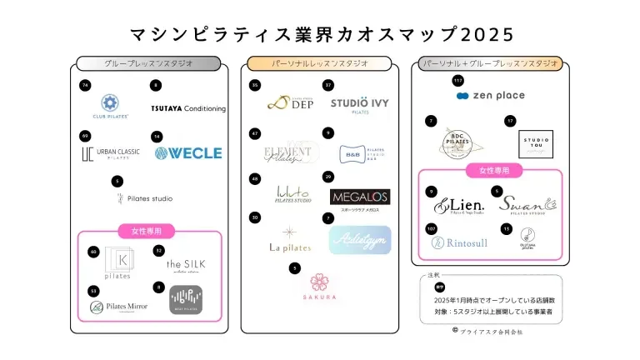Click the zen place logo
(490, 96)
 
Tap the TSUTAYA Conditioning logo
(188, 108)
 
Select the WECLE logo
(188, 152)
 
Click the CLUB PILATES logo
(109, 106)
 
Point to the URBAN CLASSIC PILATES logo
(111, 153)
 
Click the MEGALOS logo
(360, 197)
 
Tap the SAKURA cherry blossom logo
(318, 287)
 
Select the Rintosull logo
(458, 242)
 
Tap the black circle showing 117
(457, 81)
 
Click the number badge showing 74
(84, 86)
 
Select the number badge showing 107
(431, 228)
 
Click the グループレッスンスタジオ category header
(148, 63)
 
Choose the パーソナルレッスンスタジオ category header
(320, 63)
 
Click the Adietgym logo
(359, 240)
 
